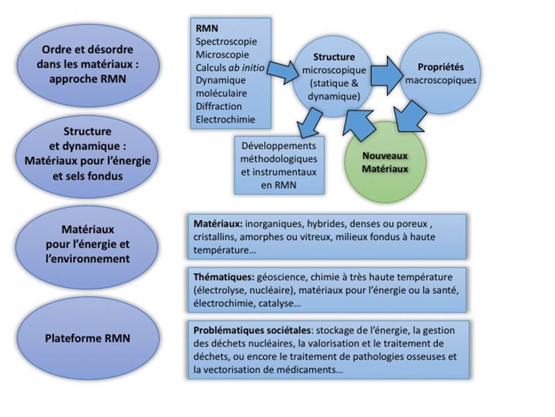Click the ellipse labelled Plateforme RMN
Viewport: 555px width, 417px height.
[x=88, y=338]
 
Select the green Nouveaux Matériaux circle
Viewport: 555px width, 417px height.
[x=385, y=162]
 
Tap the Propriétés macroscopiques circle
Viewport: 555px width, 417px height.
[x=441, y=73]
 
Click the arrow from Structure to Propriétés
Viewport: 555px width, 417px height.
[x=387, y=75]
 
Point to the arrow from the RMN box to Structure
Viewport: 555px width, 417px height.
[x=283, y=72]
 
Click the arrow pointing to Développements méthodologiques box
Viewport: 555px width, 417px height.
[x=309, y=123]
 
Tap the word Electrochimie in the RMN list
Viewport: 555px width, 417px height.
[x=225, y=119]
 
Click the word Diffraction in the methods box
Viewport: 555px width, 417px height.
[x=219, y=106]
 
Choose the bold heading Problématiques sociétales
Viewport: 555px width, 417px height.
[x=252, y=330]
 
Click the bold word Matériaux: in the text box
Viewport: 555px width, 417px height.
[x=218, y=224]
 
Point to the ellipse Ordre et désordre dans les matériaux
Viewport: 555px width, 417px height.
[x=88, y=65]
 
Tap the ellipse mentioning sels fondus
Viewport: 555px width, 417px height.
[x=87, y=154]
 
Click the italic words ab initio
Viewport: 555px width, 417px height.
[x=246, y=67]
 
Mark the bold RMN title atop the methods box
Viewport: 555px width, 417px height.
[x=207, y=28]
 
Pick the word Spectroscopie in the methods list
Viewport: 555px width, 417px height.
[x=226, y=42]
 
